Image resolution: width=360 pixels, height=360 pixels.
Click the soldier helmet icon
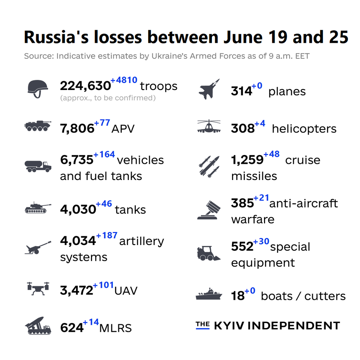(x=38, y=88)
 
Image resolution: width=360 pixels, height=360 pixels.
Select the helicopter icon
(x=209, y=127)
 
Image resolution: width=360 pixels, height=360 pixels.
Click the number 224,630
(x=85, y=86)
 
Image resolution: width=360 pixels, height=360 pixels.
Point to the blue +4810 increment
(x=124, y=81)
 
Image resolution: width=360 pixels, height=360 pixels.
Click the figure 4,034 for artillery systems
(x=78, y=242)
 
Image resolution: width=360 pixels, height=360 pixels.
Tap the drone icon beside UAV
(x=38, y=289)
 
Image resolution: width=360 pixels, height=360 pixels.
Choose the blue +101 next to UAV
(x=104, y=285)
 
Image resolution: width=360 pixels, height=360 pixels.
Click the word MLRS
(x=116, y=328)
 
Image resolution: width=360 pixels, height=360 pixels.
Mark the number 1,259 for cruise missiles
(x=247, y=160)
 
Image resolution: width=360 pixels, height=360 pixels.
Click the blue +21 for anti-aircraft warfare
(x=261, y=198)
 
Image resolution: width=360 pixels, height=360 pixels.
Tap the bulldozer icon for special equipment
(x=208, y=253)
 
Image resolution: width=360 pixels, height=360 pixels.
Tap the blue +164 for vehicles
(x=104, y=155)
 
